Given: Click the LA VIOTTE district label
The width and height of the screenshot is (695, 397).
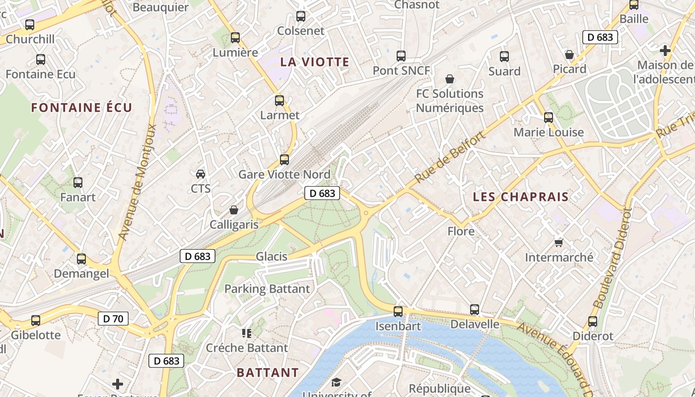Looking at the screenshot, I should (x=315, y=62).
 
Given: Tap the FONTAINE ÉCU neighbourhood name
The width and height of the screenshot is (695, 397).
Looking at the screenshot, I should (x=82, y=108).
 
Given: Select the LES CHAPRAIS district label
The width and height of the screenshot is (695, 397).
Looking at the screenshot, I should (x=521, y=197).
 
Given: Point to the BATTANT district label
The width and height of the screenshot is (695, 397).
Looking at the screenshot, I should (x=268, y=373).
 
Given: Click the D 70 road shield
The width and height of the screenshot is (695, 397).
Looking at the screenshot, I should (x=113, y=319).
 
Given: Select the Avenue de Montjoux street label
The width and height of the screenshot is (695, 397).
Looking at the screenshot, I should (x=138, y=182).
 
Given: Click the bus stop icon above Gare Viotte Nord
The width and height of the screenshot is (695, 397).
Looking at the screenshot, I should (x=284, y=160).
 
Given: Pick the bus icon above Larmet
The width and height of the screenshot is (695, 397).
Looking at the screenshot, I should (x=279, y=101).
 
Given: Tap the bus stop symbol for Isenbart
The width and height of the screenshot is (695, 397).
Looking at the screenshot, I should (x=398, y=312).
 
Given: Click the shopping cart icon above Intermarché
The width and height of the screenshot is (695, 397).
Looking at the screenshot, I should (x=559, y=243).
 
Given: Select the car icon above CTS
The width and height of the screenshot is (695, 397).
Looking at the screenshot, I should (x=201, y=174).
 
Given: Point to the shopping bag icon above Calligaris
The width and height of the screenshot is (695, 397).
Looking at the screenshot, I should (x=234, y=210).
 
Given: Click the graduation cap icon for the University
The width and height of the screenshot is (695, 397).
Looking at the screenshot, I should (x=337, y=382).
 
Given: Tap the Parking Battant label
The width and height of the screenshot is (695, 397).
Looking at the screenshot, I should (x=267, y=289).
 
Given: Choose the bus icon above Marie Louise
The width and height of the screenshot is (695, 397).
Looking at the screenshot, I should (x=549, y=118).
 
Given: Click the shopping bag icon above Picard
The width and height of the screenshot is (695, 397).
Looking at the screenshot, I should (x=569, y=55).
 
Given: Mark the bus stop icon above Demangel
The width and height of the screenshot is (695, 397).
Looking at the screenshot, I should (x=81, y=259).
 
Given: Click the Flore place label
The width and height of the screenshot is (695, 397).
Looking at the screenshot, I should (x=461, y=231).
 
